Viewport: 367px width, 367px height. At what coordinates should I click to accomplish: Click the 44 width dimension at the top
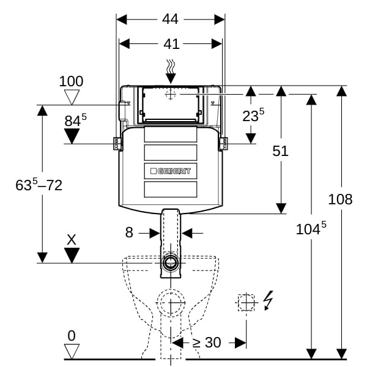[x=170, y=19]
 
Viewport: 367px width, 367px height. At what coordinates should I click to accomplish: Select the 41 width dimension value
[x=171, y=44]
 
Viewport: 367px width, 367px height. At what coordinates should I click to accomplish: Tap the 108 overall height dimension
[x=340, y=199]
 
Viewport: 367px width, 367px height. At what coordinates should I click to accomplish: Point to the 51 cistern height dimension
[x=280, y=151]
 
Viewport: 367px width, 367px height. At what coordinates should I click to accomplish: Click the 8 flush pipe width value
[x=129, y=232]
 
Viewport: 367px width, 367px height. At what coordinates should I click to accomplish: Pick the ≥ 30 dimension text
[x=207, y=343]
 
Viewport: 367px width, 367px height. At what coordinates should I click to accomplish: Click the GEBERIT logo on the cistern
[x=171, y=171]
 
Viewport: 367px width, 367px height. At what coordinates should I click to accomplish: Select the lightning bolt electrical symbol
[x=269, y=300]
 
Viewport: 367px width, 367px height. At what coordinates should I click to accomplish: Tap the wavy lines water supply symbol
[x=171, y=67]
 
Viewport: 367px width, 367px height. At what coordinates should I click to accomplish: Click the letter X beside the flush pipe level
[x=72, y=240]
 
